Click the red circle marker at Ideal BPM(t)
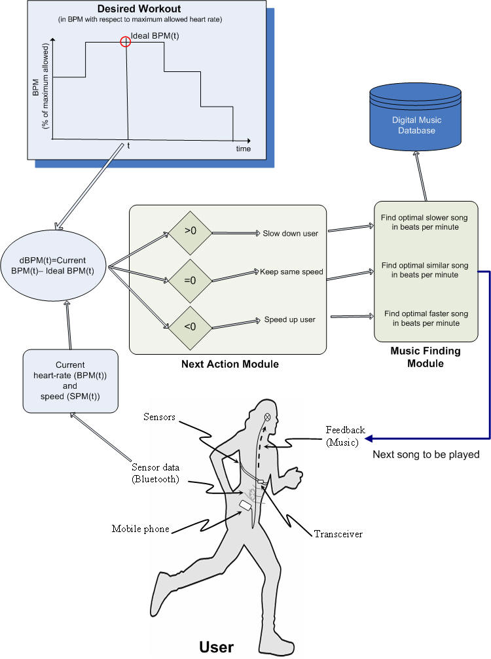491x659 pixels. (x=125, y=42)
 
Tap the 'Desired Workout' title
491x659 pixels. (x=139, y=9)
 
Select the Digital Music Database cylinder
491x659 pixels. (x=415, y=117)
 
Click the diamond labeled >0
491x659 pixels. (x=190, y=233)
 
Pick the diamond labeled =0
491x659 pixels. (x=190, y=280)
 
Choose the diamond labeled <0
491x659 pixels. (x=190, y=327)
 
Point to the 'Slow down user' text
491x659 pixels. (x=291, y=233)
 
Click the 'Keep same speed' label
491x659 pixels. (x=291, y=272)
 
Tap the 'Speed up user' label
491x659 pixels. (x=289, y=319)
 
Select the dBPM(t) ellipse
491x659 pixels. (x=53, y=266)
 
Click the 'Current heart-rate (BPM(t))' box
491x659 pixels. (x=70, y=381)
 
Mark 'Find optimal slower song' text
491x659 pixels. (x=424, y=218)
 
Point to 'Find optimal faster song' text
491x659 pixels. (x=426, y=313)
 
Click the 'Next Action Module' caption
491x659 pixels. (x=230, y=364)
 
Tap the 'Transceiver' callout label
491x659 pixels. (x=338, y=534)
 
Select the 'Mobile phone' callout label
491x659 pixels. (x=140, y=529)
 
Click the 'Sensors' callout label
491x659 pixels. (x=159, y=417)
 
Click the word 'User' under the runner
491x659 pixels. (x=217, y=647)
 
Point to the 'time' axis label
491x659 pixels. (x=244, y=149)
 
